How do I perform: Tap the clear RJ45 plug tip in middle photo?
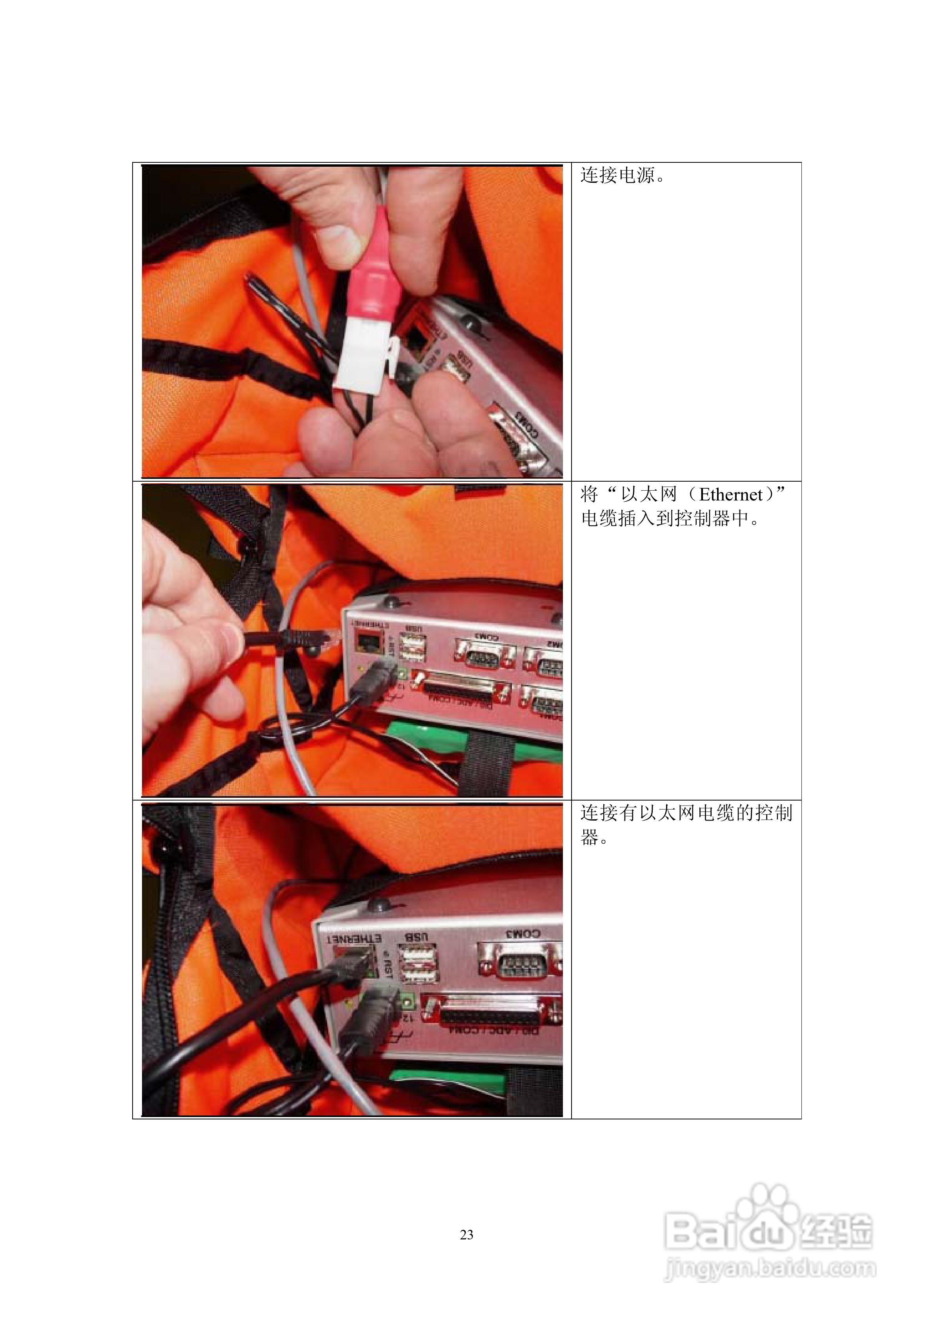331,637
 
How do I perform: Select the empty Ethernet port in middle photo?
367,640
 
